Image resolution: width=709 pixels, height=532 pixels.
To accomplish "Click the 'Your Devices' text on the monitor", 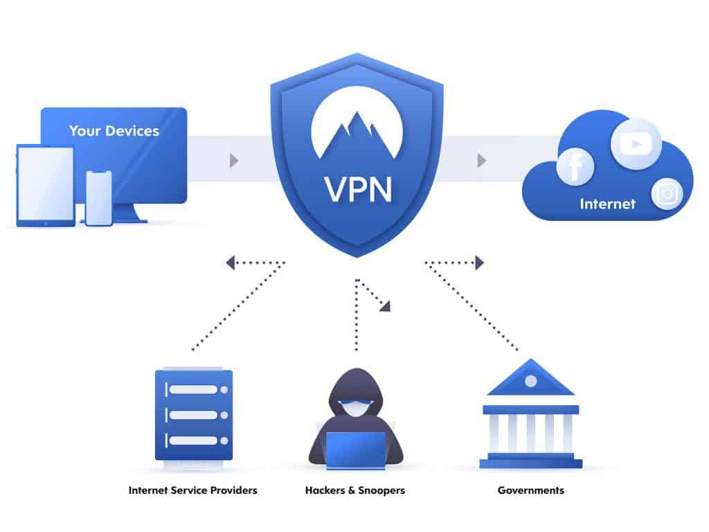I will (114, 131).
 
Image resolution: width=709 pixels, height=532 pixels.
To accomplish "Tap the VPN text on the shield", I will (357, 188).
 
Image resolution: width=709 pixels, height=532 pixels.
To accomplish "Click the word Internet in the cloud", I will (607, 204).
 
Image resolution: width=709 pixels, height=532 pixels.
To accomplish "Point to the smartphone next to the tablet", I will (99, 197).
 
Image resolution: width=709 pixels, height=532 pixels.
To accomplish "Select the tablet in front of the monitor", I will (45, 185).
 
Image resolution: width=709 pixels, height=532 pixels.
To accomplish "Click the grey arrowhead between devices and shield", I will (234, 161).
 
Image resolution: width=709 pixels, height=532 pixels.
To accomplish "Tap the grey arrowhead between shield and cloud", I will (481, 161).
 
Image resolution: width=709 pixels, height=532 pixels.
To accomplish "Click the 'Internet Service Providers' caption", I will (192, 490).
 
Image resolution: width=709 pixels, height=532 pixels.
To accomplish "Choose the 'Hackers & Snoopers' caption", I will (355, 490).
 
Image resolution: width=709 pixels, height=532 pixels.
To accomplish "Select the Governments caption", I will (530, 490).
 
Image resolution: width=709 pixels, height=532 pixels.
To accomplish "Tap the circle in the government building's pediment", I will (530, 381).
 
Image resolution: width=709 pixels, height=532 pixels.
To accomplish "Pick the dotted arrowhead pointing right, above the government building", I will (479, 263).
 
